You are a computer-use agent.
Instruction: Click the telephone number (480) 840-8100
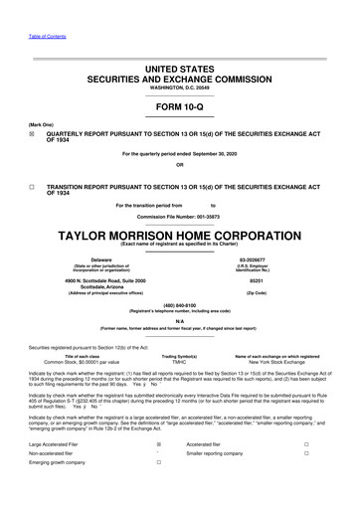[x=180, y=305]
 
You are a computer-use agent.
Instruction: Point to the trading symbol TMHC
[x=179, y=362]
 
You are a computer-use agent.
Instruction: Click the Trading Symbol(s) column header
[x=179, y=355]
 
